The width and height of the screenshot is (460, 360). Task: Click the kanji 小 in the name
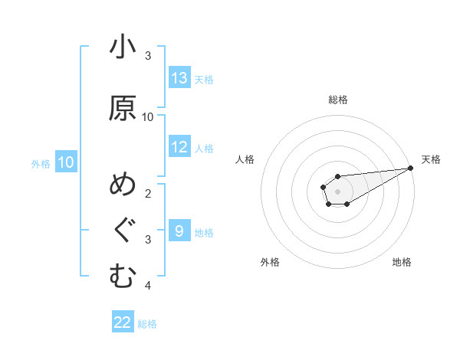click(x=123, y=47)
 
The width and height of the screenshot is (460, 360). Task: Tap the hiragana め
click(x=123, y=185)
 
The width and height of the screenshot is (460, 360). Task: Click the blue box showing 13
click(x=179, y=78)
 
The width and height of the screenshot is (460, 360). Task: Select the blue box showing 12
click(x=179, y=147)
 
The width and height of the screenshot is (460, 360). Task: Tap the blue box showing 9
click(x=179, y=231)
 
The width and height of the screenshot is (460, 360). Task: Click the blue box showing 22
click(x=123, y=322)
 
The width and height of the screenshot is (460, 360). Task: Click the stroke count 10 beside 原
click(x=148, y=116)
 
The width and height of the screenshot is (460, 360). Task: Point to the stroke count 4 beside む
click(x=148, y=286)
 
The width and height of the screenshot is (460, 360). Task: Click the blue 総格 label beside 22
click(x=147, y=324)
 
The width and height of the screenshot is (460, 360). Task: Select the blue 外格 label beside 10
click(x=41, y=163)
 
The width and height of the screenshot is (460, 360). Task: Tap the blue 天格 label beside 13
click(x=204, y=79)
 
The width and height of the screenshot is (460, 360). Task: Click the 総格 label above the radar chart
click(x=338, y=100)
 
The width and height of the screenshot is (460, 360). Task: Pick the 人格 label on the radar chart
click(x=245, y=159)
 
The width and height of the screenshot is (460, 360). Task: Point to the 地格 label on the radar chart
click(x=402, y=262)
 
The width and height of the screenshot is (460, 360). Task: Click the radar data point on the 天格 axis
click(x=410, y=168)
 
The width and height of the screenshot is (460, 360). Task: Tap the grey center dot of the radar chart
click(x=337, y=191)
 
